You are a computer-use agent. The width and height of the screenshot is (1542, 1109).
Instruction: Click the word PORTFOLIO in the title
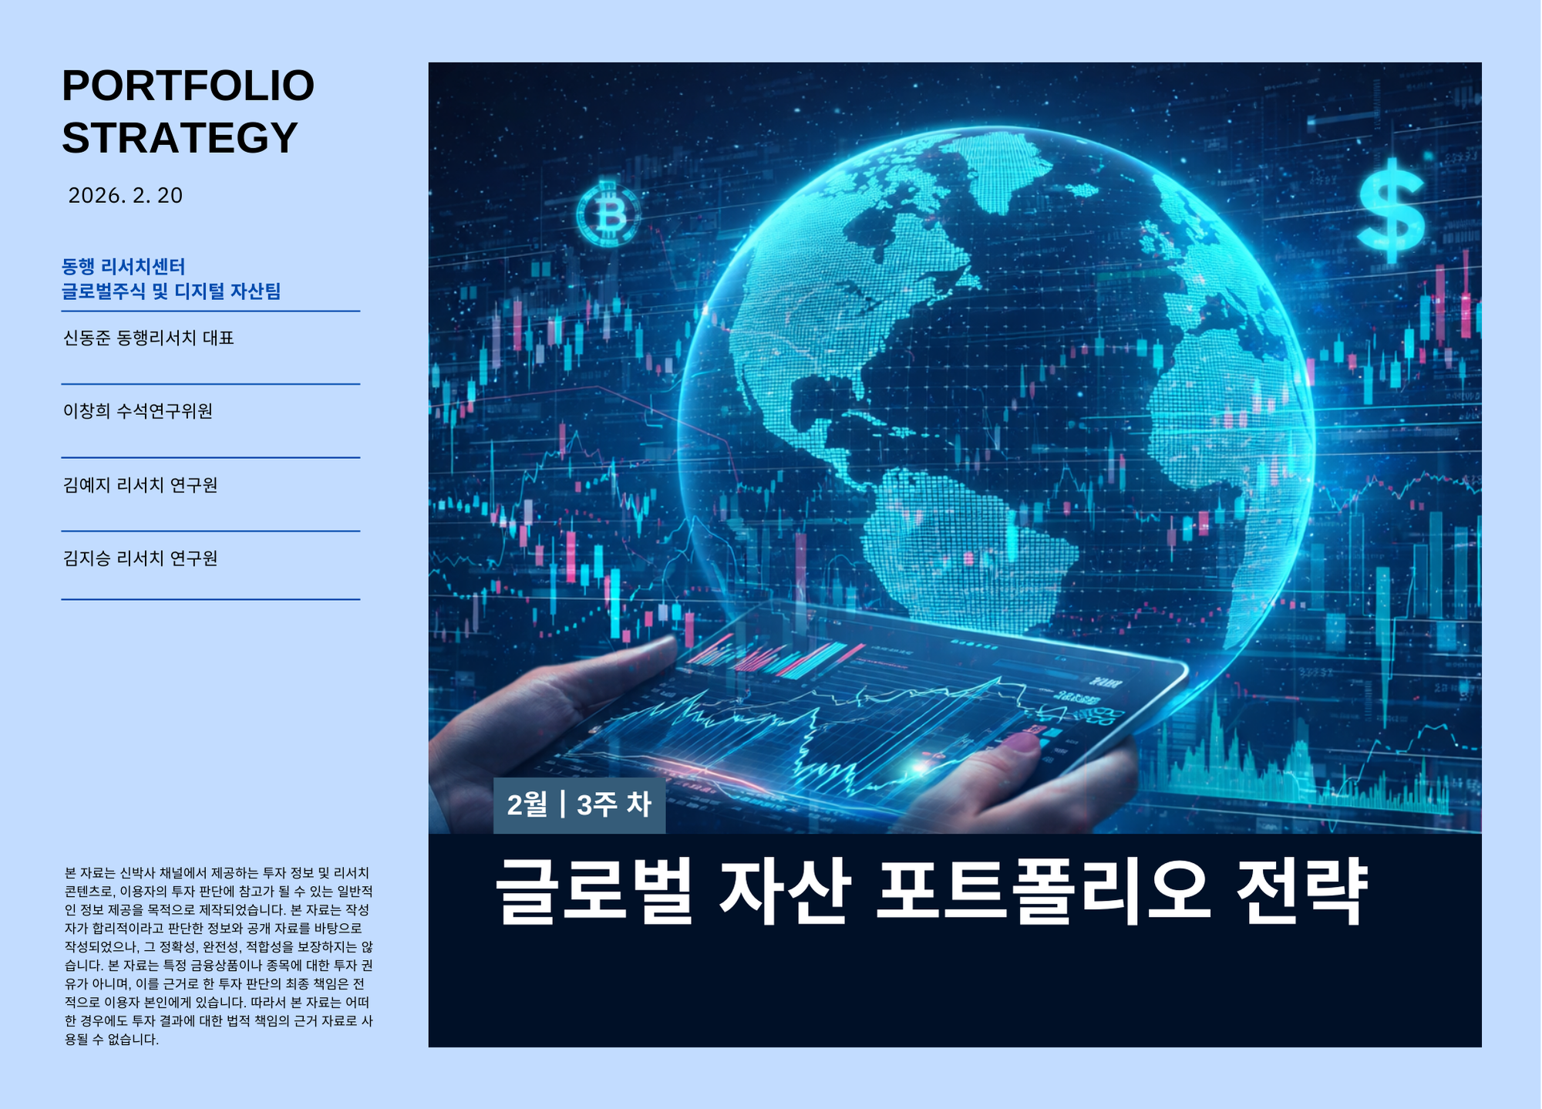(188, 86)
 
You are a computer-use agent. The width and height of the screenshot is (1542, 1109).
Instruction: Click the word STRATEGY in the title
(180, 138)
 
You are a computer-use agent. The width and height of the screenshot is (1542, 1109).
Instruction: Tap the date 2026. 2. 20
(126, 196)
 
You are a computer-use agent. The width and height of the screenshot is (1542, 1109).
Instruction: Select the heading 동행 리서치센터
(123, 267)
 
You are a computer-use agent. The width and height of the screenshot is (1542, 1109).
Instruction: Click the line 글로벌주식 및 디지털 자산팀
(171, 292)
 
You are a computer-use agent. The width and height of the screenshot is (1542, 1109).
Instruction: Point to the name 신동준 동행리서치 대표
(148, 339)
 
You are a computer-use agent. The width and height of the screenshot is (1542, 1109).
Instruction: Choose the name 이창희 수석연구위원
(138, 411)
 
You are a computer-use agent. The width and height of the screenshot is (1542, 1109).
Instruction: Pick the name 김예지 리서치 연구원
(140, 485)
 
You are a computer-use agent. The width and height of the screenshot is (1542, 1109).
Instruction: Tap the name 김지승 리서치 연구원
(140, 558)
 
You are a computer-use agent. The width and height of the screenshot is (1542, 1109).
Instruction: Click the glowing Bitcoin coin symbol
(608, 214)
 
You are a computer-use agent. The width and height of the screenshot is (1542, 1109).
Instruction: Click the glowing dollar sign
(1391, 210)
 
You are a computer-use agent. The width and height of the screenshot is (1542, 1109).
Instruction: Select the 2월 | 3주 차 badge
(579, 805)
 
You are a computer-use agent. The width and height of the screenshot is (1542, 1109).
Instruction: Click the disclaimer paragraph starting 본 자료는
(219, 956)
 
